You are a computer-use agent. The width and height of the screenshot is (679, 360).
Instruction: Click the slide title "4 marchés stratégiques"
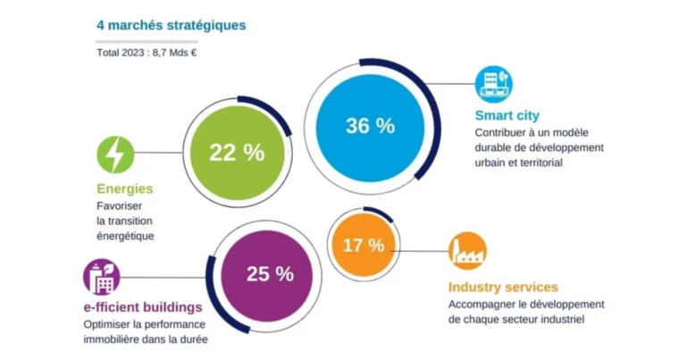click(171, 25)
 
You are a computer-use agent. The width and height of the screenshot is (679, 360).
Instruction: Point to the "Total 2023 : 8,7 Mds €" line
click(147, 52)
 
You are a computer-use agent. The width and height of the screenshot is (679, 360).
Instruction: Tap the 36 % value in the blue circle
click(370, 126)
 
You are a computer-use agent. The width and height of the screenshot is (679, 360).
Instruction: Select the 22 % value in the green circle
click(237, 152)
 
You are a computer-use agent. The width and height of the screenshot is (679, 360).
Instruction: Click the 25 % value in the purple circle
click(270, 274)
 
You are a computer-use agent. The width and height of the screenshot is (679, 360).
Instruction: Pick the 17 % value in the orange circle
click(365, 244)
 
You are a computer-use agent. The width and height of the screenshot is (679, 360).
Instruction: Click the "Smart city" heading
click(507, 115)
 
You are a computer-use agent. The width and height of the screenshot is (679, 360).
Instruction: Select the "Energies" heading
click(124, 188)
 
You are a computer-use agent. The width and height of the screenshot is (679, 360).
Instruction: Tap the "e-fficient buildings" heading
click(142, 307)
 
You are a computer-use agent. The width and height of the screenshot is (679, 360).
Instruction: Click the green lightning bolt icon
click(115, 155)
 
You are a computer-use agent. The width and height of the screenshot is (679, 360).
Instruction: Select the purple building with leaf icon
click(101, 277)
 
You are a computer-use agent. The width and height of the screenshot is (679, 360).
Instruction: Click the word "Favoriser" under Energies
click(120, 205)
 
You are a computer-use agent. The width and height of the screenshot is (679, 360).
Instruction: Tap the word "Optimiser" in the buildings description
click(106, 323)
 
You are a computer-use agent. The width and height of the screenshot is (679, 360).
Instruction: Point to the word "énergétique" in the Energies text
click(125, 236)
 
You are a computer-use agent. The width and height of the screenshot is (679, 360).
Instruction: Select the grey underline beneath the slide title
click(147, 39)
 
